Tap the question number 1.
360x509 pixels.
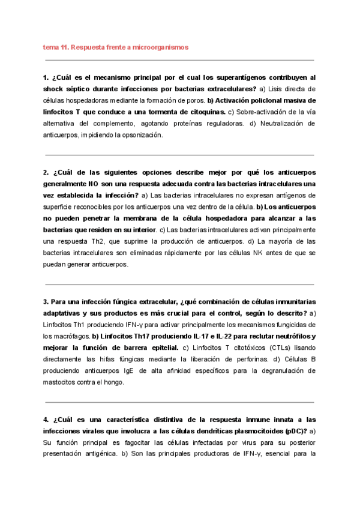(x=46, y=78)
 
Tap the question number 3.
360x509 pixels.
(x=46, y=301)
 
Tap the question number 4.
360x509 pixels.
(x=46, y=420)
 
